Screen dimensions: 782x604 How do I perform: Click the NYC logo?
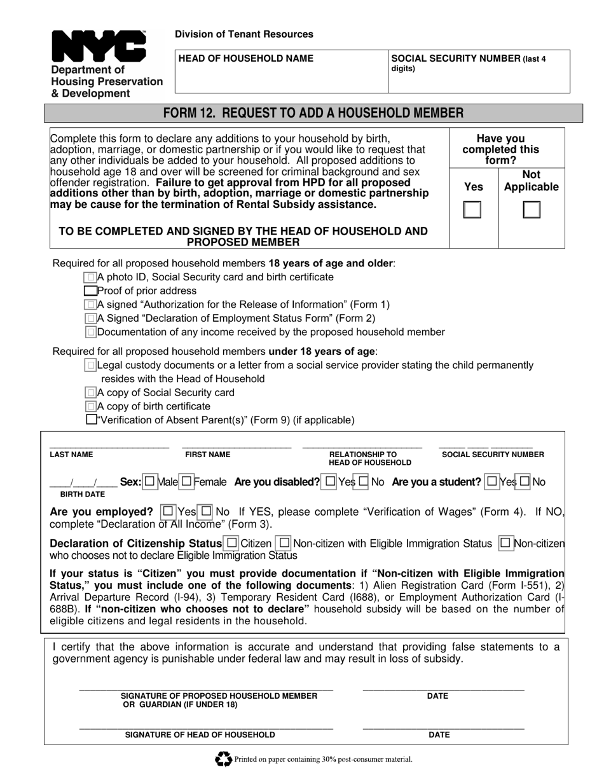tap(99, 46)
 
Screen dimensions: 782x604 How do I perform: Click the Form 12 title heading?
tap(313, 113)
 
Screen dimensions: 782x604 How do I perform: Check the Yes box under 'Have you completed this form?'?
tap(472, 210)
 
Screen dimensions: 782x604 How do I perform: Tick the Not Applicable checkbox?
tap(532, 210)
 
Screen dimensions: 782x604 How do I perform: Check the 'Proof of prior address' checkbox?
tap(91, 291)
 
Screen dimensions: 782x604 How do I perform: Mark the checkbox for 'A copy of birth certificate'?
tap(91, 406)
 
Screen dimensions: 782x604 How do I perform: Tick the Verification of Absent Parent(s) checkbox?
tap(91, 420)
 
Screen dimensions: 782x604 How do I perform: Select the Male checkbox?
tap(149, 482)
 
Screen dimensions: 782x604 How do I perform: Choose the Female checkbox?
tap(186, 482)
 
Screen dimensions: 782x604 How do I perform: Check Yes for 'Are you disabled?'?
tap(329, 482)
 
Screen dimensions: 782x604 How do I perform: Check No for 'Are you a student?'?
tap(525, 482)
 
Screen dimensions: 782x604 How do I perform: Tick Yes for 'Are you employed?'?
tap(168, 511)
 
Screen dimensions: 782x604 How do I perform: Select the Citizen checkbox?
tap(231, 543)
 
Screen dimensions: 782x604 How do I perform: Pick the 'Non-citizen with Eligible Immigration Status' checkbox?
tap(284, 543)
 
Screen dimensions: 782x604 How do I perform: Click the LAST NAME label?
tap(71, 455)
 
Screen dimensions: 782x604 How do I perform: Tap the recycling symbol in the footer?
tap(223, 758)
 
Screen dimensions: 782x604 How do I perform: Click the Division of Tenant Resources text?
tap(244, 34)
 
